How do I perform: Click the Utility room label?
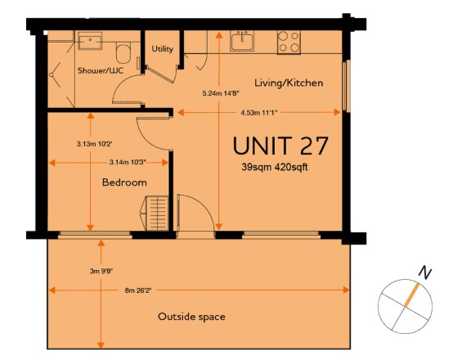pyautogui.click(x=163, y=49)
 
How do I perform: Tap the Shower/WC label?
pyautogui.click(x=101, y=70)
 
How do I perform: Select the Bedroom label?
pyautogui.click(x=124, y=182)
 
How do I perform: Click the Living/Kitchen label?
pyautogui.click(x=289, y=83)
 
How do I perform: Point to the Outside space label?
pyautogui.click(x=191, y=317)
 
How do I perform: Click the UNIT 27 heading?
pyautogui.click(x=280, y=146)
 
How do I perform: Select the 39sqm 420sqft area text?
pyautogui.click(x=275, y=168)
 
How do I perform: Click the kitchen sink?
pyautogui.click(x=242, y=41)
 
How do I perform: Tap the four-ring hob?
pyautogui.click(x=289, y=43)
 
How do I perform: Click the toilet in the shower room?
pyautogui.click(x=123, y=53)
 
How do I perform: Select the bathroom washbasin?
pyautogui.click(x=91, y=41)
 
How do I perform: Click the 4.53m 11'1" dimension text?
pyautogui.click(x=258, y=113)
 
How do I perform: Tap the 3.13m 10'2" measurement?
pyautogui.click(x=95, y=144)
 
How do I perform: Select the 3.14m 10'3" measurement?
pyautogui.click(x=128, y=162)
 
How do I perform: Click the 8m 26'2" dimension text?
pyautogui.click(x=138, y=290)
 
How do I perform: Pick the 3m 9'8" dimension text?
pyautogui.click(x=101, y=271)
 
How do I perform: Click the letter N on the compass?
pyautogui.click(x=425, y=272)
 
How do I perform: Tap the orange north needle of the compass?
pyautogui.click(x=412, y=295)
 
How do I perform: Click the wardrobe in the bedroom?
pyautogui.click(x=155, y=213)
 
